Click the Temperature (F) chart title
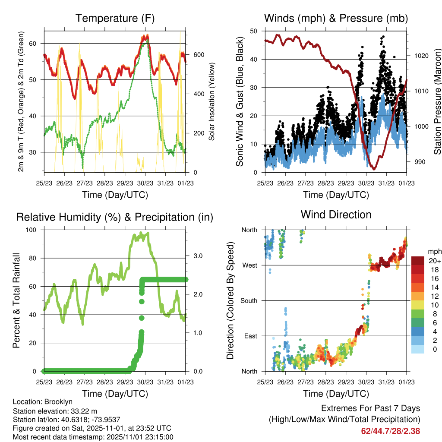115,19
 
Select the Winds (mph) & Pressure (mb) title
336,19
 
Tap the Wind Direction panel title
336,215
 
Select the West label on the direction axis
249,265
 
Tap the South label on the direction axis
248,300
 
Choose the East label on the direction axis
250,336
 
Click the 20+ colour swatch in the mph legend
418,261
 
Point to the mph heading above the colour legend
434,251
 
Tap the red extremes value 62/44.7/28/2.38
391,431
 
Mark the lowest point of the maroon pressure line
374,169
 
